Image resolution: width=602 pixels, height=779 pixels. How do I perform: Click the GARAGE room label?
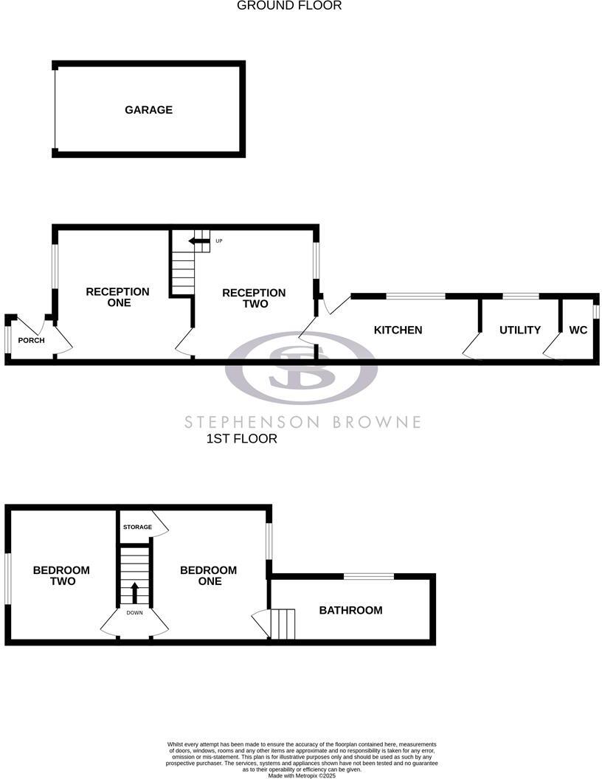(x=148, y=110)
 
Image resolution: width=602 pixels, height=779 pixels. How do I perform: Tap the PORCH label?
(x=32, y=340)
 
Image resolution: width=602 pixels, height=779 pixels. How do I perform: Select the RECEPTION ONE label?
(x=117, y=297)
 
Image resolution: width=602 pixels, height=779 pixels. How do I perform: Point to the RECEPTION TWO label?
(x=254, y=298)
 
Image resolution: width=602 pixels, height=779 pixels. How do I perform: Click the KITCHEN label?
(x=398, y=330)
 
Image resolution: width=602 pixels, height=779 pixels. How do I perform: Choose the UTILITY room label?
(x=520, y=330)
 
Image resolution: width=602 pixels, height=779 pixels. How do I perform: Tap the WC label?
(x=578, y=330)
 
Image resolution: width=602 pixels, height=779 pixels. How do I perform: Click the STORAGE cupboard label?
(x=137, y=527)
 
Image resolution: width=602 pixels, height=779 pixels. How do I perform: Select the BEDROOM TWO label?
(x=61, y=575)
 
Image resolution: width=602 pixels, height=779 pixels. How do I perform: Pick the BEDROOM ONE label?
(x=208, y=575)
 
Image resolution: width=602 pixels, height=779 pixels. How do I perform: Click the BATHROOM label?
(x=350, y=610)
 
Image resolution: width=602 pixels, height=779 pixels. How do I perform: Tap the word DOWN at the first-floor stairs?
(x=134, y=613)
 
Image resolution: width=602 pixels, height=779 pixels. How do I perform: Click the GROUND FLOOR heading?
(x=289, y=6)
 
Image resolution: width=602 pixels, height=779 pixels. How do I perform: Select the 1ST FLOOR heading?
(x=242, y=439)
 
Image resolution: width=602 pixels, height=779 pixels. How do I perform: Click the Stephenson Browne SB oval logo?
(x=301, y=367)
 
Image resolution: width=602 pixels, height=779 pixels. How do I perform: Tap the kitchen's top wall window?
(x=415, y=297)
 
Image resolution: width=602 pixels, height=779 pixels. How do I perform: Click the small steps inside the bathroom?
(x=283, y=623)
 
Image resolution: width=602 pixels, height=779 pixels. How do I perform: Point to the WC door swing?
(x=552, y=347)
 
